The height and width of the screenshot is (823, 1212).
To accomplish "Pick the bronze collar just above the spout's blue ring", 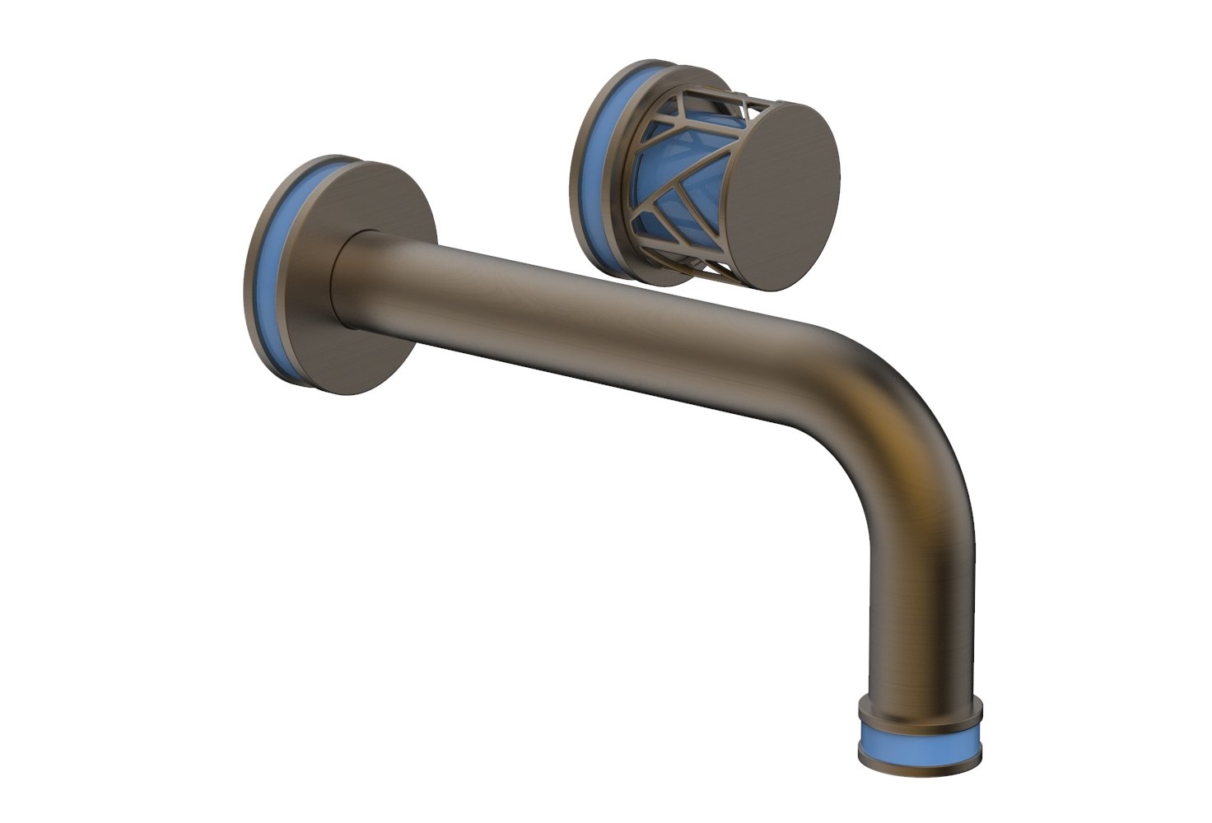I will tap(920, 709).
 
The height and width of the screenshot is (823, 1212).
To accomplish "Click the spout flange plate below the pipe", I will tap(362, 362).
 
